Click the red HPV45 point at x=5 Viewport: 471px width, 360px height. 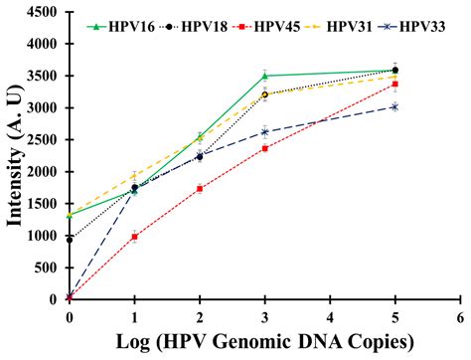(x=395, y=85)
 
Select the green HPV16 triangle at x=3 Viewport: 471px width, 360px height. (x=265, y=76)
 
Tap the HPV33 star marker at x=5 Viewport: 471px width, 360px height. (x=395, y=106)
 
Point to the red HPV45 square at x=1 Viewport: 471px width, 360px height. (x=134, y=237)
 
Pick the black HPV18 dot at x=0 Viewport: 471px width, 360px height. (x=70, y=240)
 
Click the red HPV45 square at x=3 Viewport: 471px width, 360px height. (x=265, y=148)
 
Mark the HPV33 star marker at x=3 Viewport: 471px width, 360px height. (x=265, y=132)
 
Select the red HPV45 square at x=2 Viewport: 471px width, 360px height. (x=200, y=189)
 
